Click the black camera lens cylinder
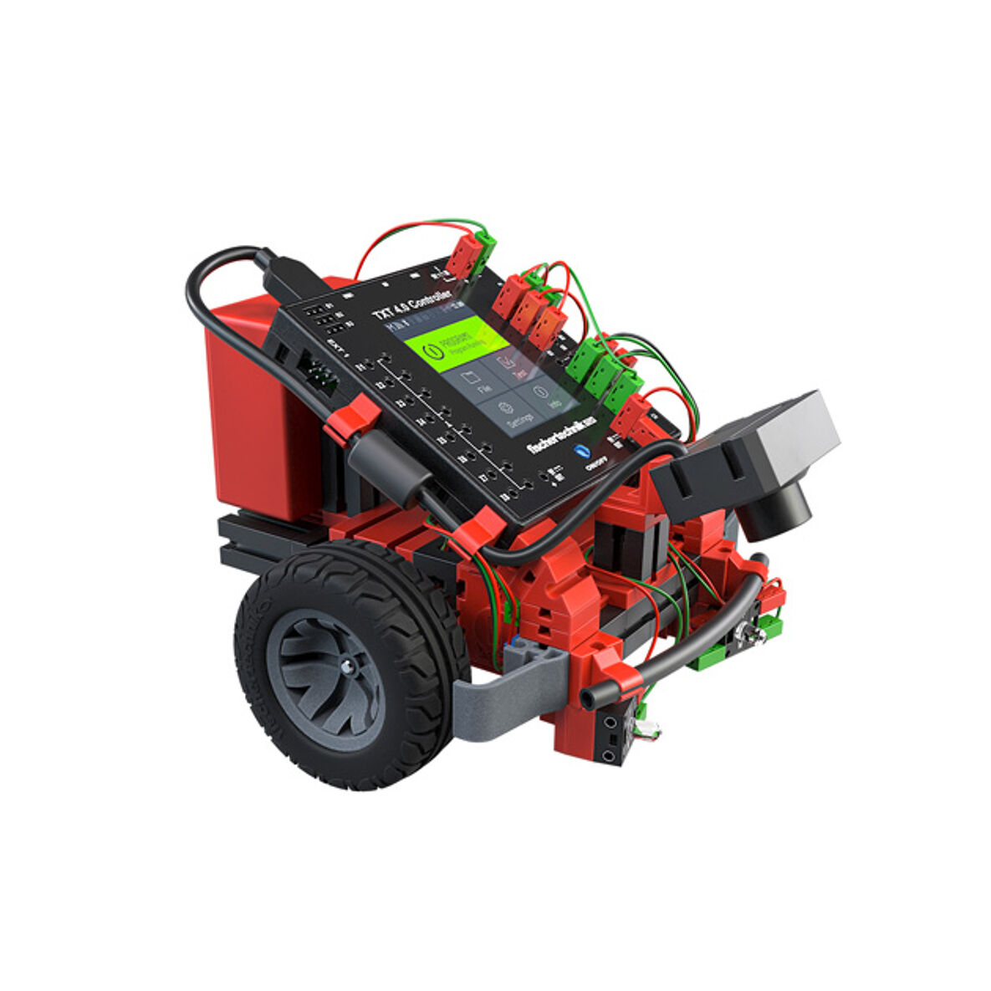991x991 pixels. (x=774, y=510)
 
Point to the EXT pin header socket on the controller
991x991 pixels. (x=320, y=375)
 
